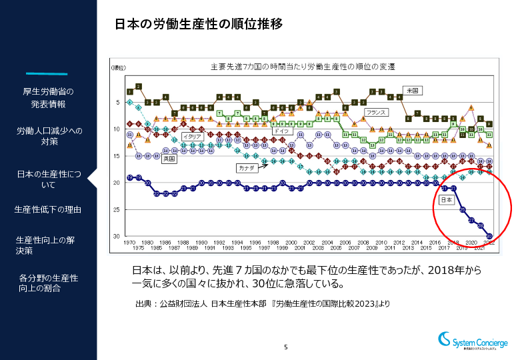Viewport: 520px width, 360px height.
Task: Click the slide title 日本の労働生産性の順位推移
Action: pos(199,24)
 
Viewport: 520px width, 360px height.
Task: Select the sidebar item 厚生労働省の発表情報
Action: pos(48,98)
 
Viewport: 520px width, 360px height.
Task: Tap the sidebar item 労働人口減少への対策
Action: pos(49,136)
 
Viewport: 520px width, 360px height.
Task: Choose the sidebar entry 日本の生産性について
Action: pos(49,179)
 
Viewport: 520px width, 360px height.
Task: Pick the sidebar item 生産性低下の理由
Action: pos(48,210)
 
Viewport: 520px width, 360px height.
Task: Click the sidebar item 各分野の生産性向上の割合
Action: pos(49,283)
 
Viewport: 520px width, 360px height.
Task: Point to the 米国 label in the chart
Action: pos(412,89)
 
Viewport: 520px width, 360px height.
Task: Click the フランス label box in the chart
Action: pos(377,112)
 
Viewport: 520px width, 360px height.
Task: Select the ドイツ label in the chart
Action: pos(281,131)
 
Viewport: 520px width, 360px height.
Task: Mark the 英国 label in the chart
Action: pos(169,159)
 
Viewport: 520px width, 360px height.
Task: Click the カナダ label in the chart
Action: pos(245,168)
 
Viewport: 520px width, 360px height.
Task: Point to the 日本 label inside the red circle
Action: pos(447,199)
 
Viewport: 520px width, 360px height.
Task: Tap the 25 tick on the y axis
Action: pos(117,209)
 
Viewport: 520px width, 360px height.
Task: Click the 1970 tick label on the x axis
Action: pos(130,243)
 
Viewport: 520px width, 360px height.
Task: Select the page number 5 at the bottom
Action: pos(286,347)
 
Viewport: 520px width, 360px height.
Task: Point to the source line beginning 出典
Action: pos(262,304)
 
